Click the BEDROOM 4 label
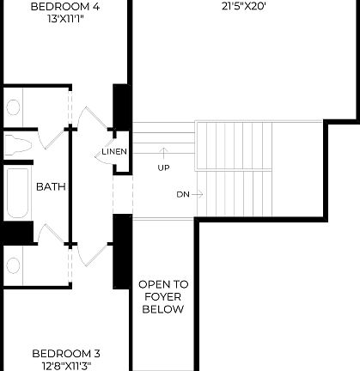[64, 7]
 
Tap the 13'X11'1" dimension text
[64, 20]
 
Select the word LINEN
[114, 152]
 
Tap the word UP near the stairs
[163, 167]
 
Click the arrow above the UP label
[163, 155]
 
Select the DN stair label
[182, 194]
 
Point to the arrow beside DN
[198, 194]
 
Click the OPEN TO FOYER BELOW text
[163, 296]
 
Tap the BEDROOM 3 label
[66, 353]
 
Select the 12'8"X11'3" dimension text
[66, 365]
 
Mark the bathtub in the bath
[16, 194]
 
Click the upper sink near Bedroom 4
[14, 107]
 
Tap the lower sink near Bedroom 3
[14, 263]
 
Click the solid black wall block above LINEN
[121, 108]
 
